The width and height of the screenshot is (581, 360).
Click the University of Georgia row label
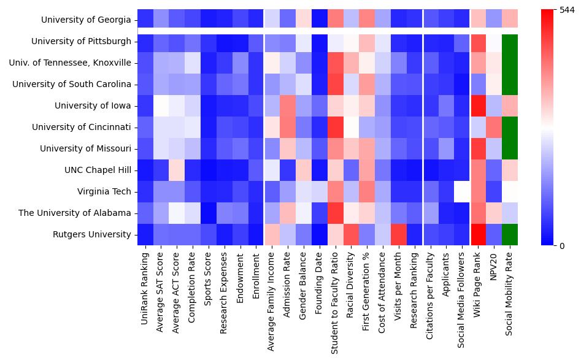click(86, 20)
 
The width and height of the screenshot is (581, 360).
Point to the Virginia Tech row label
click(104, 191)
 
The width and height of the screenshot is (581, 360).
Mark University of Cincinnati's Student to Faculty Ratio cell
click(335, 127)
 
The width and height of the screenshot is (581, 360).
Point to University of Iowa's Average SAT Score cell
click(161, 105)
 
